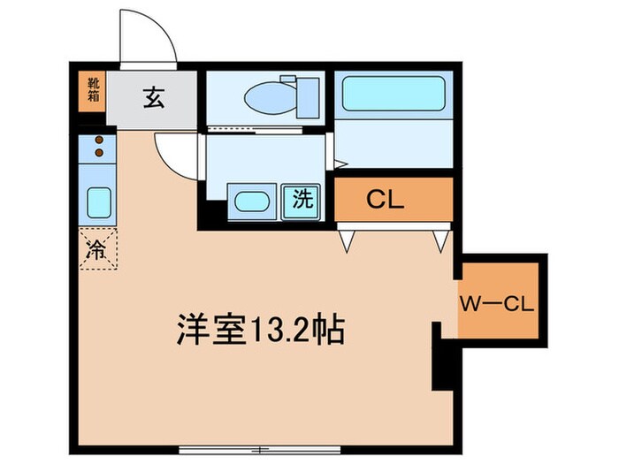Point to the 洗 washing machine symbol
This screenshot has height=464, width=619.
302,201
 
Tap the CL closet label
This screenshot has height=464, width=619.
386,200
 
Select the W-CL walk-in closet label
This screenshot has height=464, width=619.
495,306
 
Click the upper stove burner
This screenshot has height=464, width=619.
99,141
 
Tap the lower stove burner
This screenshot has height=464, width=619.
99,154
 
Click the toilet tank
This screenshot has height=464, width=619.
307,95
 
